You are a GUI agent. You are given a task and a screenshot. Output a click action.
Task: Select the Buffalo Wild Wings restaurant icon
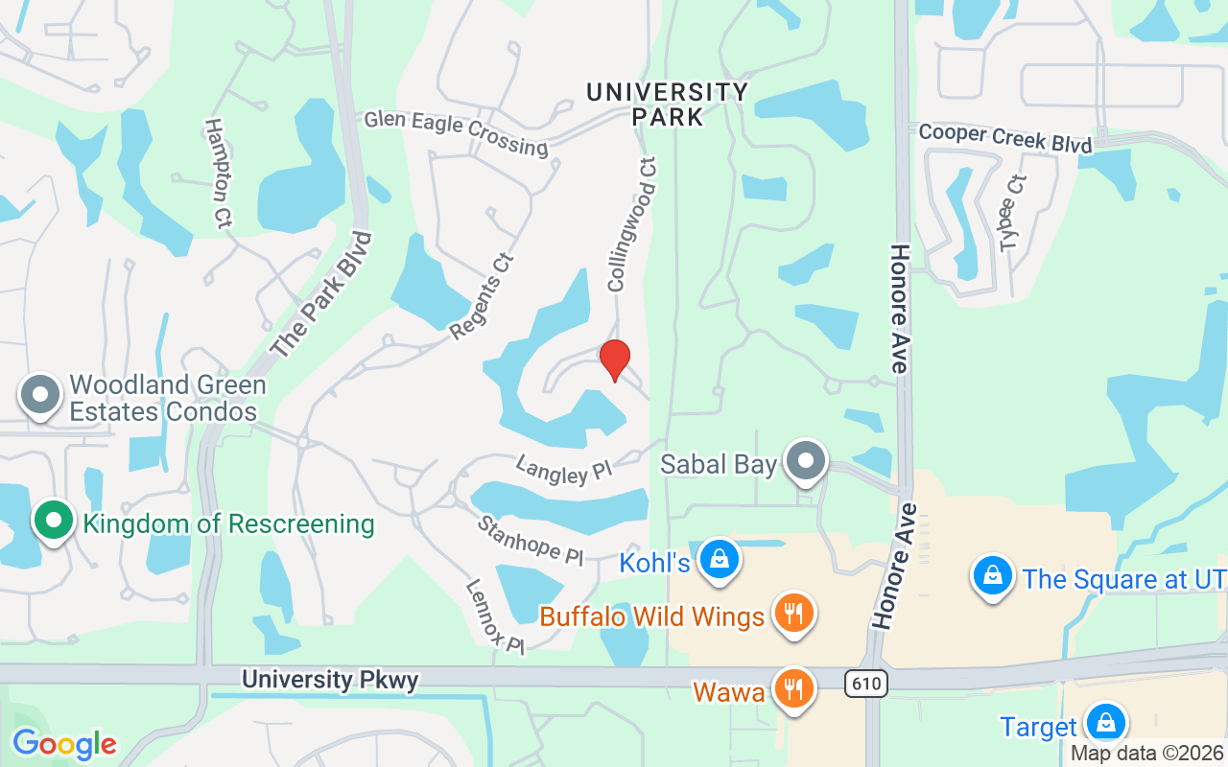tap(792, 613)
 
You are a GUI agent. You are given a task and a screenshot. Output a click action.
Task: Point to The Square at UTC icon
tap(993, 576)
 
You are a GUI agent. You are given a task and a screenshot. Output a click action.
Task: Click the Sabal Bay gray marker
tap(807, 462)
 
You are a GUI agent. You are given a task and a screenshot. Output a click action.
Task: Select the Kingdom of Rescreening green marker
tap(55, 521)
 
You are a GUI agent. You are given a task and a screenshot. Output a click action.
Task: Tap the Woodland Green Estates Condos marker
tap(41, 394)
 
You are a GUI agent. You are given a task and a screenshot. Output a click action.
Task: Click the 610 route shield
tap(866, 684)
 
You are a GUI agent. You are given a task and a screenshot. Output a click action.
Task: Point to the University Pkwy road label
tap(330, 680)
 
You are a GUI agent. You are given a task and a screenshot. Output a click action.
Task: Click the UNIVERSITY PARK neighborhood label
tap(667, 105)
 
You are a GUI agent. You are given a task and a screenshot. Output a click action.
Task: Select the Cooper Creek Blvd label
tap(1005, 138)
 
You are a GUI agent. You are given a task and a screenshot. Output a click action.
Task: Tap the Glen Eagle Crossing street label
tap(456, 133)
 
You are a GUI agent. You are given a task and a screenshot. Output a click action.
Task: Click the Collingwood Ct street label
tap(631, 224)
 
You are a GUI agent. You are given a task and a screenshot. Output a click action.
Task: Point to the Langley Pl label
tap(563, 470)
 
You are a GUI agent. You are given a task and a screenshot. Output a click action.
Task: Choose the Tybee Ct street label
tap(1013, 213)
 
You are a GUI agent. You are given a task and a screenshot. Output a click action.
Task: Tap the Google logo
tap(64, 744)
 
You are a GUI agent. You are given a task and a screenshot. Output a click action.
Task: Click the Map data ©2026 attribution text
tap(1147, 753)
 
